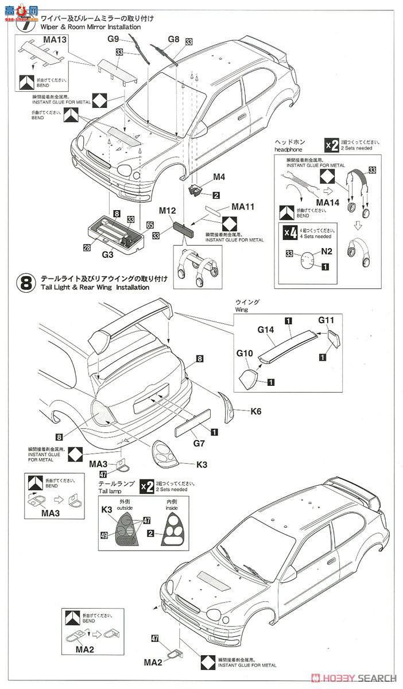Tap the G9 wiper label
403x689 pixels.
click(113, 39)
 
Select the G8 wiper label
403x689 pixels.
click(173, 40)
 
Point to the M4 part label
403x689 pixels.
click(203, 177)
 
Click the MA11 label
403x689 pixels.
click(243, 206)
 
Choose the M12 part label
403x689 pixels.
click(166, 211)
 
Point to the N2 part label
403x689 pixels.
click(327, 251)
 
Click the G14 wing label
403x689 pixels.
click(267, 330)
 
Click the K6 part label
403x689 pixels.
click(256, 411)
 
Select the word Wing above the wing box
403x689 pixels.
click(243, 309)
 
